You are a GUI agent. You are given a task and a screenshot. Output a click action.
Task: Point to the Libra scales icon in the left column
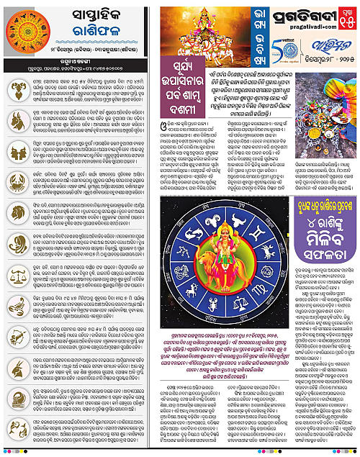tap(16, 289)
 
